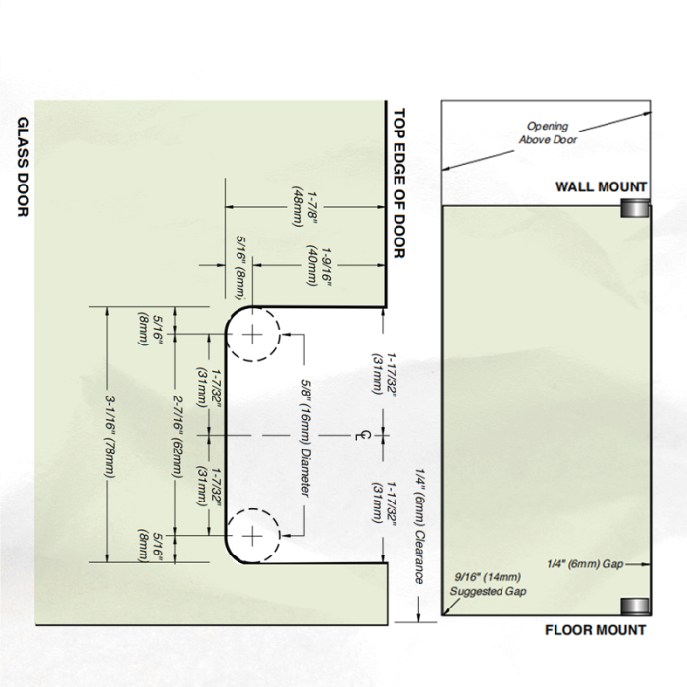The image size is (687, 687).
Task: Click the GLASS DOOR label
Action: (24, 167)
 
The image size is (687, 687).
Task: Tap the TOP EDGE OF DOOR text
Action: (398, 184)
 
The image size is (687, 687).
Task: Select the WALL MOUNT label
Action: (601, 187)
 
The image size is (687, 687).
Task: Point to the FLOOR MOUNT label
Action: (595, 630)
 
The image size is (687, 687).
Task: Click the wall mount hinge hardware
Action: (634, 208)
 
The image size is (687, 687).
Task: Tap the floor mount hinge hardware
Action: (634, 607)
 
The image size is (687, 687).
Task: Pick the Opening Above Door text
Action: (548, 132)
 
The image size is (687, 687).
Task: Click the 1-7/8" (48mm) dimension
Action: (305, 208)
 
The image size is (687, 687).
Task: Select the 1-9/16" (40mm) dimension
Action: (319, 266)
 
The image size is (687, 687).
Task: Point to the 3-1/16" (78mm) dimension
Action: (110, 435)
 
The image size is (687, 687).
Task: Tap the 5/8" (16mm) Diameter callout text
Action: (305, 438)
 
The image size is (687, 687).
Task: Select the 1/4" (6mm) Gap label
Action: (585, 564)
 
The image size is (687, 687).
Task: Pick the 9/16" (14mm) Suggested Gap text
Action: (488, 584)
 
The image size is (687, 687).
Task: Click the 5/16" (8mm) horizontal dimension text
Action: (241, 268)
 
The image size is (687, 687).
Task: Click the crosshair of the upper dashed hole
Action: (252, 335)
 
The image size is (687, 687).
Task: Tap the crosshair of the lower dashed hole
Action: (252, 536)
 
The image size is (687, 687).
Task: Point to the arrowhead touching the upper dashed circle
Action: (286, 334)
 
